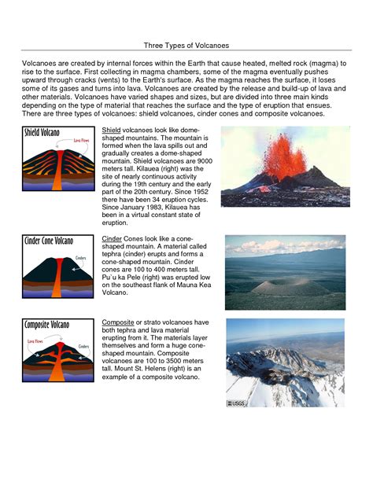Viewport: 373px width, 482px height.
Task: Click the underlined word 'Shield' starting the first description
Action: click(x=111, y=130)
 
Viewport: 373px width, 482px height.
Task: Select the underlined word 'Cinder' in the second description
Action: click(x=112, y=237)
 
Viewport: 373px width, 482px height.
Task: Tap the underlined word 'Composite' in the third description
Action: click(x=118, y=322)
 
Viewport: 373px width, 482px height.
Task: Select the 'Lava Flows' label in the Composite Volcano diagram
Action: click(x=36, y=341)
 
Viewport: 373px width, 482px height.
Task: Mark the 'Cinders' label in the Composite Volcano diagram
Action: click(x=84, y=343)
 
